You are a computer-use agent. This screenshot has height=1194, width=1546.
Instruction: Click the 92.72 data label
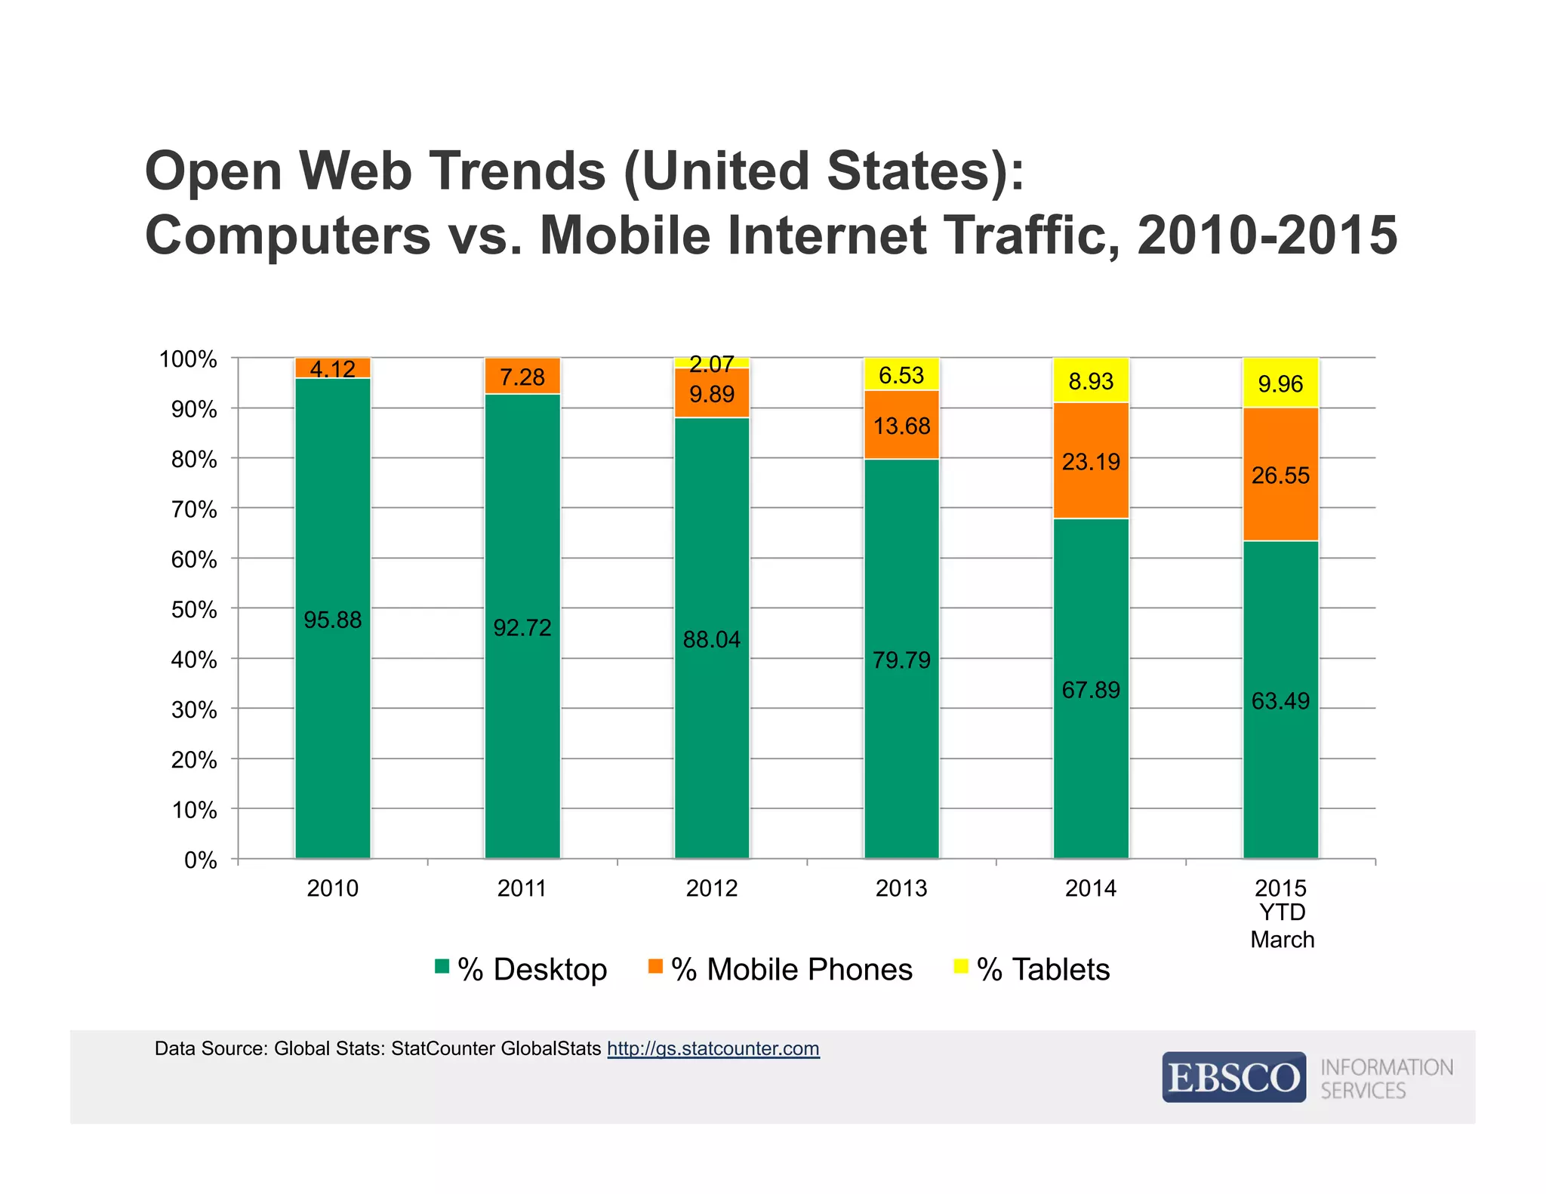click(522, 628)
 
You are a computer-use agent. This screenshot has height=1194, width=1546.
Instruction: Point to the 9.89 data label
click(711, 395)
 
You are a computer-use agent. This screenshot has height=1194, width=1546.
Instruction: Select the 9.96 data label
click(1280, 384)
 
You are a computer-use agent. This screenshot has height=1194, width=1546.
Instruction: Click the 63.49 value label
click(1280, 701)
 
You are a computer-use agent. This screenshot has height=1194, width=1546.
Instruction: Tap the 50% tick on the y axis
click(194, 610)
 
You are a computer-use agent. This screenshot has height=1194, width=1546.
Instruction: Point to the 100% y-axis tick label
click(188, 359)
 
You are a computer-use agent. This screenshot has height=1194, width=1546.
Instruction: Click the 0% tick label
click(200, 860)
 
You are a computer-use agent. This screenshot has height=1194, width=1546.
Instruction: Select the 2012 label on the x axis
click(711, 888)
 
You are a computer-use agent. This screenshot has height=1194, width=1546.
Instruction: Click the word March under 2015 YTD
click(1282, 940)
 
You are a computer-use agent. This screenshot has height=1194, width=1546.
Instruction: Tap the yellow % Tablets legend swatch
click(961, 966)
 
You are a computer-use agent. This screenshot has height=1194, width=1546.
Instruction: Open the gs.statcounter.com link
click(713, 1048)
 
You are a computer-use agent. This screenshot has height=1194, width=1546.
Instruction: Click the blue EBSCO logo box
click(1233, 1077)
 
